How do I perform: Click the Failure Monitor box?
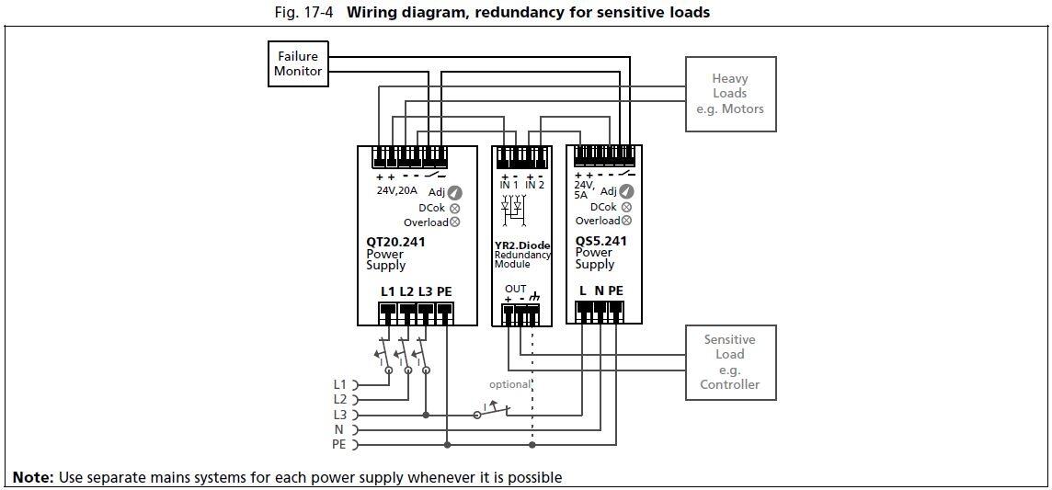pos(298,63)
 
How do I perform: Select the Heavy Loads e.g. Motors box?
pos(729,94)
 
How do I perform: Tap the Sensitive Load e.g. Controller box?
pos(729,361)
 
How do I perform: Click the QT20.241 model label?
pos(395,243)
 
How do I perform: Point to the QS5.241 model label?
pos(601,241)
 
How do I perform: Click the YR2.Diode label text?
pos(522,245)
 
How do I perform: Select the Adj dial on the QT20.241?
pos(454,192)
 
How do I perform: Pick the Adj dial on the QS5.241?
pos(626,191)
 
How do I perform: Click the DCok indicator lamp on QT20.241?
pos(454,208)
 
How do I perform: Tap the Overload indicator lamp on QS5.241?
pos(626,221)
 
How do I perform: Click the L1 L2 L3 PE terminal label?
pos(416,291)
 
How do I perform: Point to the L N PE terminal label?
pos(600,291)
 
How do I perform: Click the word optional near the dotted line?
pos(509,384)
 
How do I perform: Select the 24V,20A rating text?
pos(396,191)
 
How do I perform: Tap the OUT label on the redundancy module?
pos(516,289)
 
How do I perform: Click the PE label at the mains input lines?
pos(338,445)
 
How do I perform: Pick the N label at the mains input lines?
pos(338,429)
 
